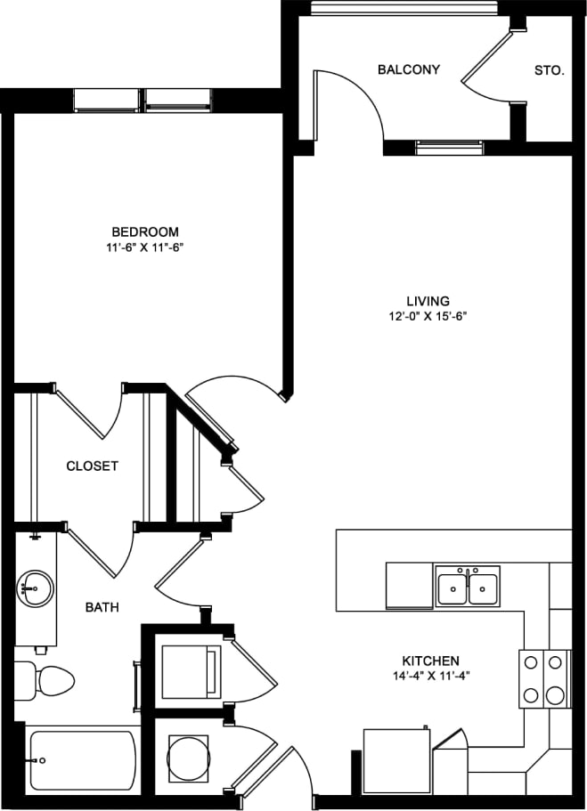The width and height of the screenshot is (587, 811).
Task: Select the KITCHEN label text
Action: click(x=430, y=661)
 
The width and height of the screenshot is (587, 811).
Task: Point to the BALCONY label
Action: click(x=408, y=69)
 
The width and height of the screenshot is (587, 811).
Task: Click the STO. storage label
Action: click(x=549, y=69)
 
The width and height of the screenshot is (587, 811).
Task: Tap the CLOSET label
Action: click(x=92, y=466)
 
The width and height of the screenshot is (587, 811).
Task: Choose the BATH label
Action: click(x=102, y=607)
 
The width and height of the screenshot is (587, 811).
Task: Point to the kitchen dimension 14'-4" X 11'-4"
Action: click(x=430, y=676)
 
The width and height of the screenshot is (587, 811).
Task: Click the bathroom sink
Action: click(x=35, y=588)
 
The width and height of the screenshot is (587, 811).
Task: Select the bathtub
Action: click(x=82, y=761)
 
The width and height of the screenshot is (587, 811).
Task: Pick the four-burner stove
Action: click(x=544, y=678)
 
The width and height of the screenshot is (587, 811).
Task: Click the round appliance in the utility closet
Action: click(x=188, y=758)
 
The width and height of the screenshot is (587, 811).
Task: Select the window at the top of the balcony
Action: click(x=404, y=8)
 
